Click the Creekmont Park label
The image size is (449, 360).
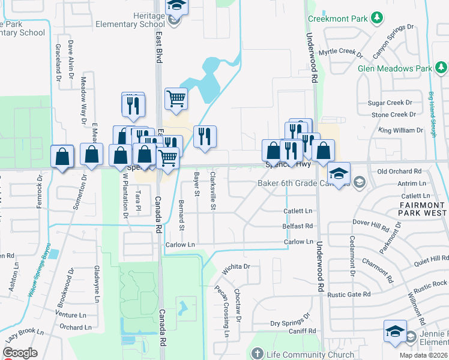[x=337, y=19]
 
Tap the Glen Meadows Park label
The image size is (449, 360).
[x=394, y=68]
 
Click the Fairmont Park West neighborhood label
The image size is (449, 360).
[x=423, y=209]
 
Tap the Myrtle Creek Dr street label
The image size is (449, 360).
[x=341, y=53]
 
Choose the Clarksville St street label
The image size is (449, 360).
[x=213, y=191]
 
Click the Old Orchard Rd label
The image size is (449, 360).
[x=400, y=172]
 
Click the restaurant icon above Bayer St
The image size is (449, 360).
[x=205, y=137]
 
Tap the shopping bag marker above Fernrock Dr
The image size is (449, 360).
[x=62, y=157]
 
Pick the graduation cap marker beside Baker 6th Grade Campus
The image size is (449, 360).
[x=339, y=173]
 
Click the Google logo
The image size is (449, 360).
[x=19, y=353]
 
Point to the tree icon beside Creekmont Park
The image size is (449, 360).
[x=377, y=19]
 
